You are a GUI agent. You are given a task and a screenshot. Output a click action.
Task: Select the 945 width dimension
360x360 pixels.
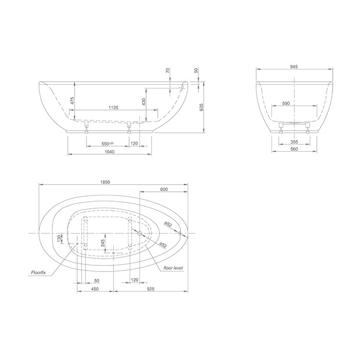click(x=294, y=67)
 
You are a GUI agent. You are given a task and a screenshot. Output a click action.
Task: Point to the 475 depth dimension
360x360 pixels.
click(x=73, y=100)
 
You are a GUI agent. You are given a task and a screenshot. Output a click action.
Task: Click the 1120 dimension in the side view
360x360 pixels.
click(x=114, y=107)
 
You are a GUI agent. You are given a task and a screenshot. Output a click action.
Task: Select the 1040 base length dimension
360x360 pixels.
click(x=110, y=152)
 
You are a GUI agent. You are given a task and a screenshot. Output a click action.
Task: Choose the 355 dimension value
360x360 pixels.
click(x=294, y=142)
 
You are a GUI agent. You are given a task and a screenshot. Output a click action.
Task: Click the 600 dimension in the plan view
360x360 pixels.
click(x=164, y=190)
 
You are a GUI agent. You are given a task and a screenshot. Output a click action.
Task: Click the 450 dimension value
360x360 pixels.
click(x=95, y=290)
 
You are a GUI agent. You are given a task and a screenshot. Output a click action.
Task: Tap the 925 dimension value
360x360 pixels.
click(x=150, y=290)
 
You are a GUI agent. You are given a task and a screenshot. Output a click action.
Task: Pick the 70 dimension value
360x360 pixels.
click(x=168, y=70)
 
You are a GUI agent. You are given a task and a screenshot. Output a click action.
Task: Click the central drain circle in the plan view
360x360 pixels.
click(x=139, y=233)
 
